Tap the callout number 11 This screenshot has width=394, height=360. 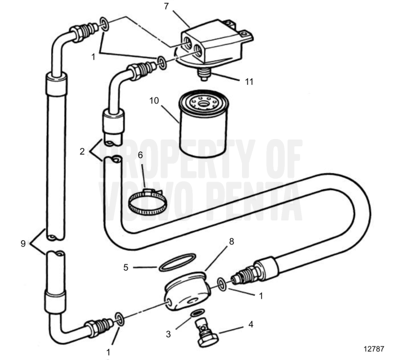pos(249,81)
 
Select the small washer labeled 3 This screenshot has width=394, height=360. pos(197,313)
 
